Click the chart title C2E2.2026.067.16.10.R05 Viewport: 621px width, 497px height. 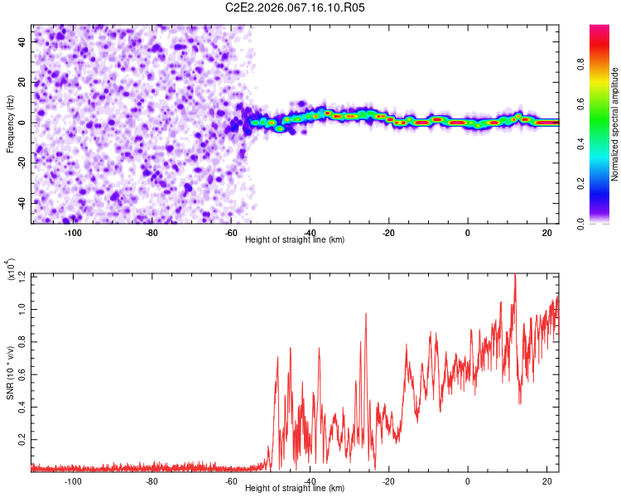point(296,7)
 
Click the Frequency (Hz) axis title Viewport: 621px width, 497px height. point(10,123)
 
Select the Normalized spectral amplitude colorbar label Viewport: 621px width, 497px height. point(615,124)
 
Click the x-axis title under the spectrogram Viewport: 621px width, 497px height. point(295,239)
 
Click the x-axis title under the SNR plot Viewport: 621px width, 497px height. point(295,488)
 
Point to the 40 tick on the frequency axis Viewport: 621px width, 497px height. point(22,41)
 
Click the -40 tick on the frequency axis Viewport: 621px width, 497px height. point(21,203)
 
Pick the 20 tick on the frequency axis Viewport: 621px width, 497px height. point(22,82)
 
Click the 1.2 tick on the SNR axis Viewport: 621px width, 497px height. point(21,274)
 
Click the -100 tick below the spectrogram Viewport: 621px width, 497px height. point(73,233)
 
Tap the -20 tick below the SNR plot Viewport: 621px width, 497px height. point(388,481)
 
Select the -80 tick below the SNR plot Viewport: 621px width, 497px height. point(152,481)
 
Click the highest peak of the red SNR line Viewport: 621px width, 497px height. point(515,274)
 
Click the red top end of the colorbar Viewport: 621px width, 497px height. point(599,29)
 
